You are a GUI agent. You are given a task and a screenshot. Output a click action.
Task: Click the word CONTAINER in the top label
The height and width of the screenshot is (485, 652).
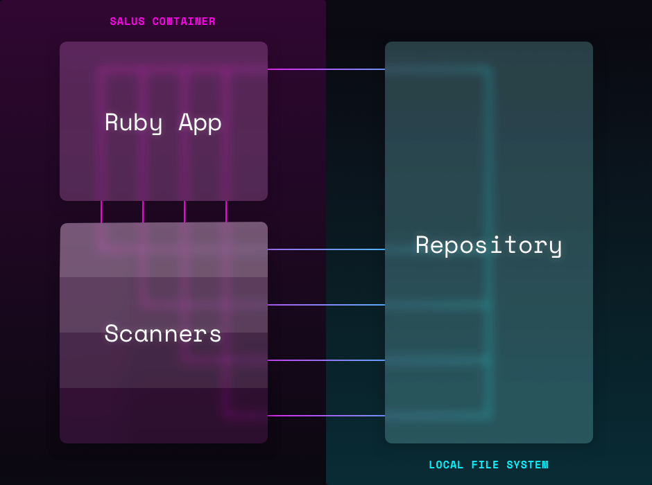coord(184,21)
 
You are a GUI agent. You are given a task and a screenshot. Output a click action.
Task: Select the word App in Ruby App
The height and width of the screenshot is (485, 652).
coord(200,123)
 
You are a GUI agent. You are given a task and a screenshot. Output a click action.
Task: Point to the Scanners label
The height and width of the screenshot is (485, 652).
coord(163,333)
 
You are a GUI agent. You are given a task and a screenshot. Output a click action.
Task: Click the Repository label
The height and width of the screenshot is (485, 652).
coord(488,245)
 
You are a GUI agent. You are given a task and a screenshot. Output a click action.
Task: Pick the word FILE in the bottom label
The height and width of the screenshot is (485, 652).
coord(486,465)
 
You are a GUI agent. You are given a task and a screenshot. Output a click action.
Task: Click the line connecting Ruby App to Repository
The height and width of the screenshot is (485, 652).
coord(326,69)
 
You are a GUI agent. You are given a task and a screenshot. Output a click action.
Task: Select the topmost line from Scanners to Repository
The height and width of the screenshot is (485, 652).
coord(326,249)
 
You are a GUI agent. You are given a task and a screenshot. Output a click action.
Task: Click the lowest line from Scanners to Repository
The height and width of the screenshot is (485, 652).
coord(326,416)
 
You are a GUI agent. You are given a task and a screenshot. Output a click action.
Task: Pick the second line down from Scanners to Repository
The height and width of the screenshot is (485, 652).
coord(326,305)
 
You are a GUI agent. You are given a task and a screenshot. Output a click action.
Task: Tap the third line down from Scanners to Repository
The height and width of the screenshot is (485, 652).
coord(326,360)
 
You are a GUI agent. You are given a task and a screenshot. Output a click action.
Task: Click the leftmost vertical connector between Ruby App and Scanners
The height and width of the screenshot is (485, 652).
coord(101,211)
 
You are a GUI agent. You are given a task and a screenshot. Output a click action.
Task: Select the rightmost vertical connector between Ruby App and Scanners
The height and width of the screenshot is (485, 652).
coord(226,211)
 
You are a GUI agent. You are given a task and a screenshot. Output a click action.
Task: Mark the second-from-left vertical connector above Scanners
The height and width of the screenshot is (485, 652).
coord(143,211)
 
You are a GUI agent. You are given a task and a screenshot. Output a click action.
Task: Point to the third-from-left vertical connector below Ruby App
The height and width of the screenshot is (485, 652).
coord(185,211)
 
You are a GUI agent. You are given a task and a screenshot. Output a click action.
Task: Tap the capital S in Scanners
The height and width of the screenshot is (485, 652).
coord(111,333)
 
